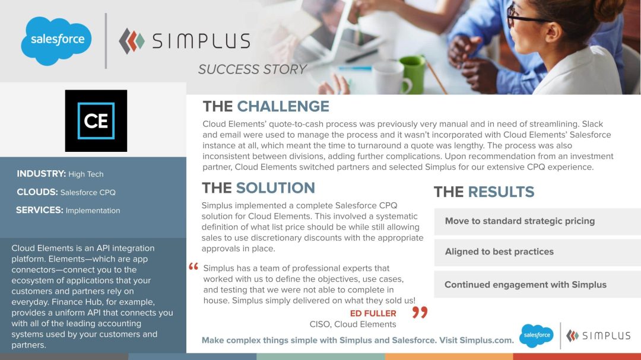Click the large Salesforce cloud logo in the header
point(57,40)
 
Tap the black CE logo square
point(96,120)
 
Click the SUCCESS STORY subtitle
point(252,69)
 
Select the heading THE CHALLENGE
point(266,106)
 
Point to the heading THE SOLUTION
point(258,188)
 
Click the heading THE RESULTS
point(484,192)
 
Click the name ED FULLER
point(373,313)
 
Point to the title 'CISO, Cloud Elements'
point(353,324)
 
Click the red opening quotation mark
point(193,267)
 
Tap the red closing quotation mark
point(420,312)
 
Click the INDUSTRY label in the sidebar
point(41,174)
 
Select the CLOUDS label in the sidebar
point(37,192)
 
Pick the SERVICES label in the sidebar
point(39,210)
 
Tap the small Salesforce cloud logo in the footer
point(537,336)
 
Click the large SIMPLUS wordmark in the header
point(201,41)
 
